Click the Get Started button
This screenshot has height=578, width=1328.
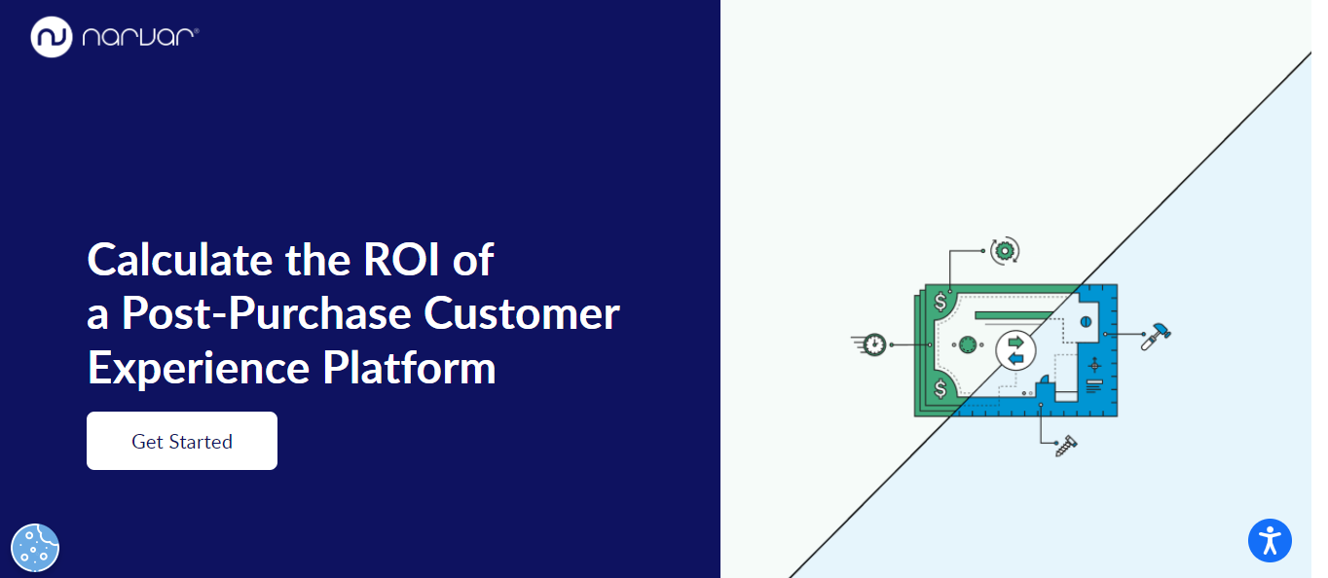coord(182,441)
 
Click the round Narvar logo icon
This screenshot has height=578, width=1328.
coord(52,37)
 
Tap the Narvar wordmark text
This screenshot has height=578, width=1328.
coord(140,37)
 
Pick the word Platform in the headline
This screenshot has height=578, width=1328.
coord(409,369)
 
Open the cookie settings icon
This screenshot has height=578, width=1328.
coord(35,547)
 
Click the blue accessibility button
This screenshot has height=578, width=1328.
coord(1270,540)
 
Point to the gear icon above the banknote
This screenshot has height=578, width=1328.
coord(1005,250)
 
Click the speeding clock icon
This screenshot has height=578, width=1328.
coord(873,344)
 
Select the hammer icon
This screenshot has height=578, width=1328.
coord(1157,334)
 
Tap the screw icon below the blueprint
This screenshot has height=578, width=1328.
coord(1066,447)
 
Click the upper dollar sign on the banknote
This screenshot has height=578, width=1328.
coord(940,302)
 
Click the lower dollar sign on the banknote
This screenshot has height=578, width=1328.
coord(940,389)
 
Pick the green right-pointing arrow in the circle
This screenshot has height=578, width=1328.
coord(1015,343)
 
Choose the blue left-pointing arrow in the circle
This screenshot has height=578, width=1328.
coord(1015,359)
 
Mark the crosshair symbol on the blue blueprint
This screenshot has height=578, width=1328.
coord(1093,365)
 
